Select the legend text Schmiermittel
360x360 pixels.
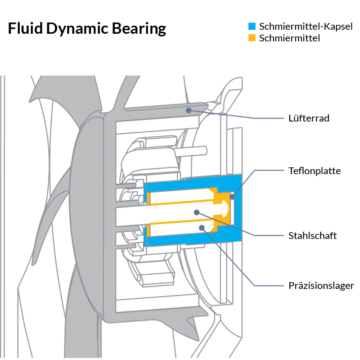pyautogui.click(x=289, y=38)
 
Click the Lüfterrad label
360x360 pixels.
pyautogui.click(x=309, y=118)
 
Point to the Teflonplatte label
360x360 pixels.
pyautogui.click(x=315, y=171)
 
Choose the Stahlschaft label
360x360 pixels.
pyautogui.click(x=312, y=236)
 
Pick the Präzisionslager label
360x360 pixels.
pyautogui.click(x=321, y=286)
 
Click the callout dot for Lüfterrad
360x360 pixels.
pyautogui.click(x=189, y=109)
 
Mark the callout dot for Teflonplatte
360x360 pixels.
pyautogui.click(x=232, y=197)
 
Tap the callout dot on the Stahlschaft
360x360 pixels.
pyautogui.click(x=196, y=211)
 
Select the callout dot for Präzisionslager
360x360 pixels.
pyautogui.click(x=202, y=228)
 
